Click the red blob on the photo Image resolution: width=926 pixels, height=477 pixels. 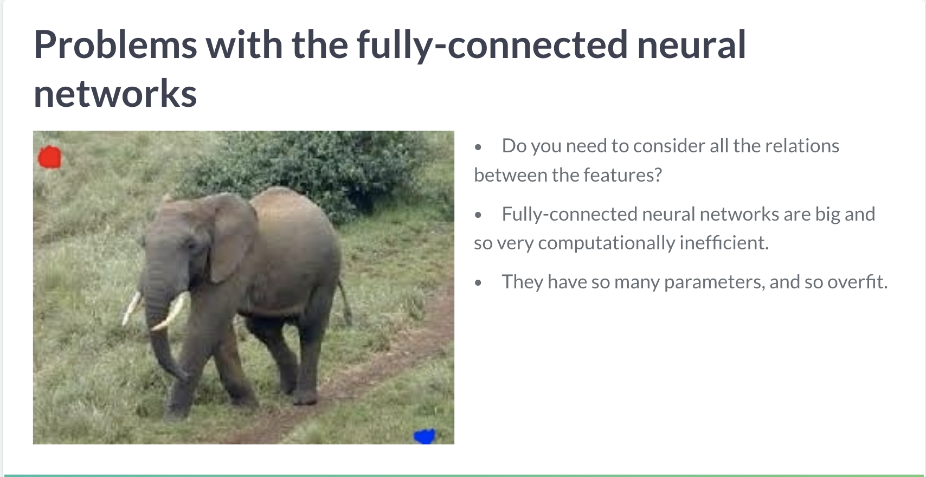click(50, 157)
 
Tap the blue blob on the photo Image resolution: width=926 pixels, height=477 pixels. click(425, 436)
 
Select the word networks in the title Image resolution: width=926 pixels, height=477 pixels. click(115, 94)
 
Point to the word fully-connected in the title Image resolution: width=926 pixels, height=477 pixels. click(492, 46)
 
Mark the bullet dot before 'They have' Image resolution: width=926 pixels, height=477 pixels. click(478, 283)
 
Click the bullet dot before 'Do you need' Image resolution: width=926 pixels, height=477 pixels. click(478, 147)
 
